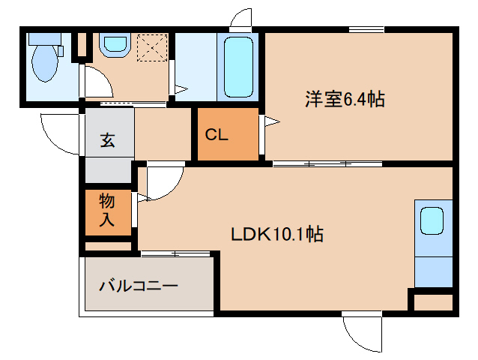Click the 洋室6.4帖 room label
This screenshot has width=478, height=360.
(345, 99)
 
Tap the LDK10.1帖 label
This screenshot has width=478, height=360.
(276, 234)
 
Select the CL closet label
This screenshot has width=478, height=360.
(217, 135)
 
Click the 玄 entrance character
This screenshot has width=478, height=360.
(108, 139)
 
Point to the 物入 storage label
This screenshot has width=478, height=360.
(107, 210)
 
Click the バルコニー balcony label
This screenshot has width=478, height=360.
(138, 286)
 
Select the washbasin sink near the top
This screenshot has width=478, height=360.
(115, 45)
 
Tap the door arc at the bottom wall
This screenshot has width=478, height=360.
(361, 332)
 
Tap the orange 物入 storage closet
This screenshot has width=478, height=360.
(107, 211)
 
